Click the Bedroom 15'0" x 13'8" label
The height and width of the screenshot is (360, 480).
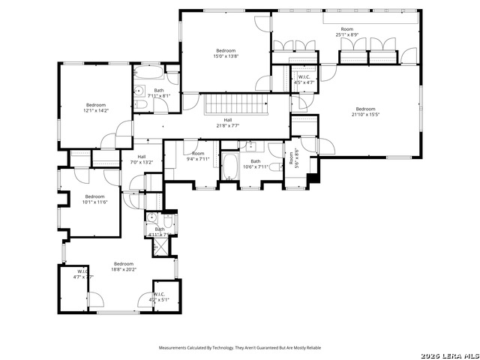(x=226, y=53)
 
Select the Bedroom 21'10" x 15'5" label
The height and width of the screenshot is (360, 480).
(x=365, y=112)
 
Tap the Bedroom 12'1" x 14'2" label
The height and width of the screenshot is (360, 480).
(x=96, y=107)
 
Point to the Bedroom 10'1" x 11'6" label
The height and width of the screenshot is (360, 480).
(x=94, y=199)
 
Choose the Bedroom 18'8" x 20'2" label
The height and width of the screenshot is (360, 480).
(x=124, y=265)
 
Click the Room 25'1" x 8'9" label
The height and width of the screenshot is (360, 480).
(x=346, y=31)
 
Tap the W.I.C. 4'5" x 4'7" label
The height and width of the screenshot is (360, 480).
(x=304, y=79)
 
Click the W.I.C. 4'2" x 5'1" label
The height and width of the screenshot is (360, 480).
(x=160, y=296)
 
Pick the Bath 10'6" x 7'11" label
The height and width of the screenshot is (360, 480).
(x=256, y=163)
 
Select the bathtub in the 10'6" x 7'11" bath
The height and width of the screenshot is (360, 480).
(x=229, y=168)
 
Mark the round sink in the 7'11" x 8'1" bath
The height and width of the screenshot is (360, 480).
(x=139, y=91)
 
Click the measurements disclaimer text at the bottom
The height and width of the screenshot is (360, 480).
(x=239, y=348)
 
